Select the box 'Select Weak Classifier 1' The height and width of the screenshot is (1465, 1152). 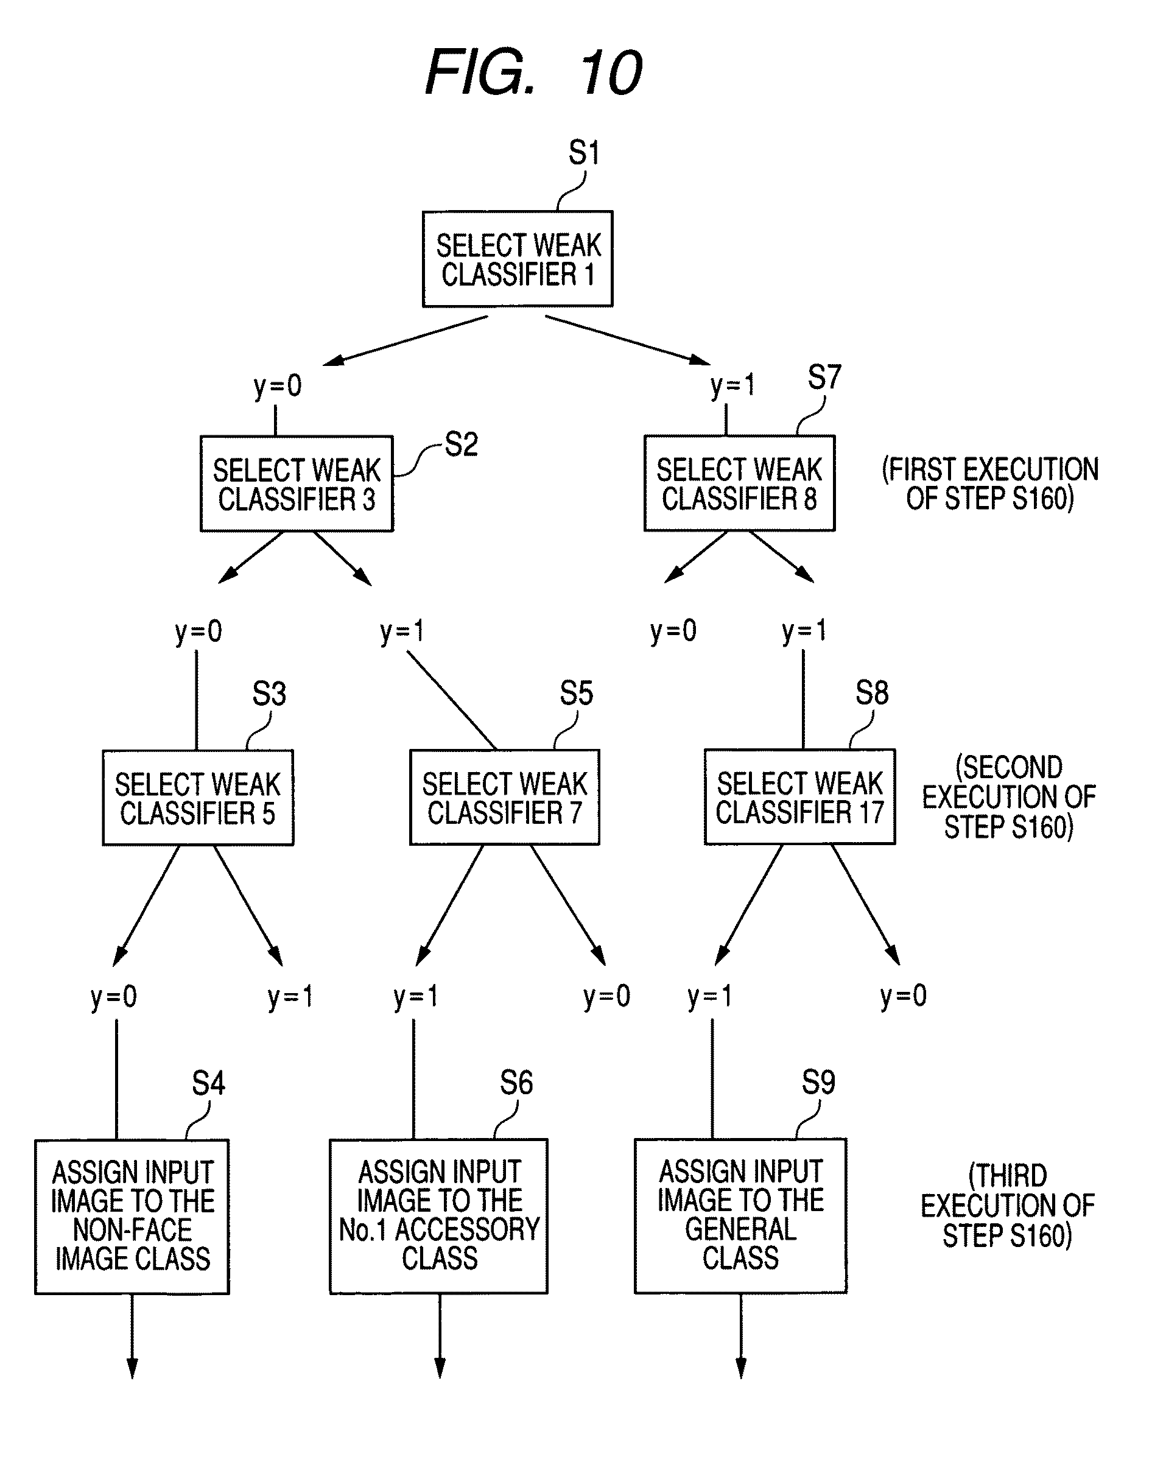click(518, 259)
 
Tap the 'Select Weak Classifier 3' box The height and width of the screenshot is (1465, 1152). click(297, 483)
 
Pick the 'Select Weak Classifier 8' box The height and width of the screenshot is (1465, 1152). click(739, 483)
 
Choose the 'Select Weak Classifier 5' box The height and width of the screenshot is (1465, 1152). click(198, 797)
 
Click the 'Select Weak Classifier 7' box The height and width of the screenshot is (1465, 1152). click(505, 796)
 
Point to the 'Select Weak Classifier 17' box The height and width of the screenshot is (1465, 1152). click(800, 796)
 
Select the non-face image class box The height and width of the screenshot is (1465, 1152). click(132, 1217)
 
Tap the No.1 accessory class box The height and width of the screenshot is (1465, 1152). click(439, 1216)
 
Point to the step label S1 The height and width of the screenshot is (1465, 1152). click(583, 152)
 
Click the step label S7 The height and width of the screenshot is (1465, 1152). click(824, 377)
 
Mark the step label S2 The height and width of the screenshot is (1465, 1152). click(462, 444)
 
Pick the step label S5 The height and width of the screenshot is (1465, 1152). click(576, 694)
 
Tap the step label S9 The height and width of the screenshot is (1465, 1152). click(818, 1083)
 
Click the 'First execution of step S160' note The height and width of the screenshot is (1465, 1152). click(990, 483)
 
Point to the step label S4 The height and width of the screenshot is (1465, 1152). click(208, 1084)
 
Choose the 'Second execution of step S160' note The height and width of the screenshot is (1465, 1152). click(1009, 797)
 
